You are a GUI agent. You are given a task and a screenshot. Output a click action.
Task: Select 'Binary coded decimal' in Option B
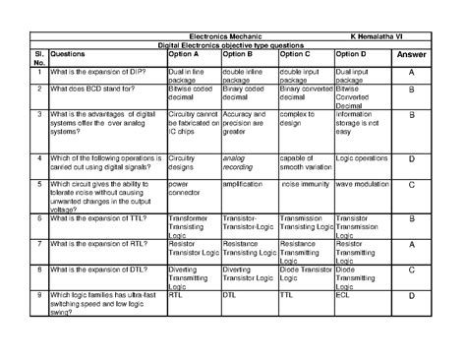click(x=249, y=94)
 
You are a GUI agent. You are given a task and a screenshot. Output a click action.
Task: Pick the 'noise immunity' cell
click(x=305, y=183)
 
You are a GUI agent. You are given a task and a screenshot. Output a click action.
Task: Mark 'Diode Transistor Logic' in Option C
click(x=305, y=270)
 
